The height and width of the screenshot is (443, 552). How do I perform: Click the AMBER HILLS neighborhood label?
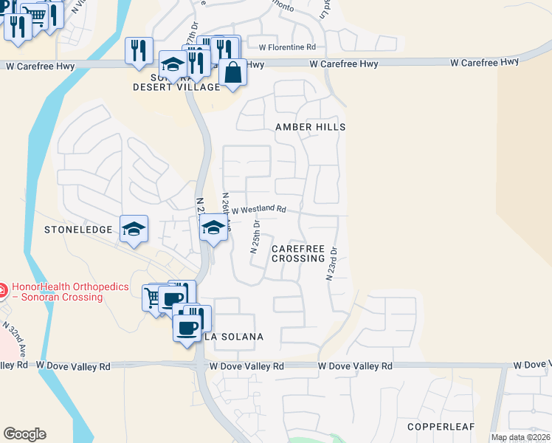[x=310, y=127]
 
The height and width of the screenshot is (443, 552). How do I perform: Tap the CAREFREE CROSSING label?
[x=298, y=254]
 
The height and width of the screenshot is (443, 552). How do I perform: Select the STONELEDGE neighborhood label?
[x=78, y=230]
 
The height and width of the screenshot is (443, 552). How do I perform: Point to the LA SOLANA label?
[x=233, y=337]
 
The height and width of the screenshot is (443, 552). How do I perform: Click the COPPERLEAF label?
[x=441, y=427]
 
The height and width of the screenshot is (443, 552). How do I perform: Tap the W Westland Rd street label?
[x=258, y=210]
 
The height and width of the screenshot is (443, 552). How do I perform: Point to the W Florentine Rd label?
[x=287, y=47]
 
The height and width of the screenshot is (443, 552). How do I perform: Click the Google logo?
[x=24, y=434]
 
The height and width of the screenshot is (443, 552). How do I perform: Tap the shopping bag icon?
[x=232, y=72]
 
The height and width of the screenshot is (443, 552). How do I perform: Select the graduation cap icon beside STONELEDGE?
[x=134, y=229]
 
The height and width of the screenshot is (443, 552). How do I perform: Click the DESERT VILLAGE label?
[x=176, y=87]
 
